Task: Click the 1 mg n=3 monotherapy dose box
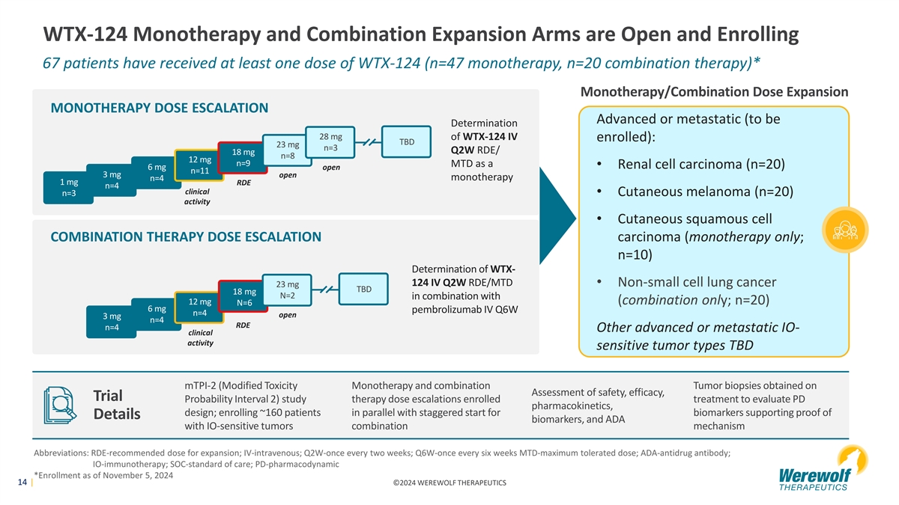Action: point(67,188)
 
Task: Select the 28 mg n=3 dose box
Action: point(330,142)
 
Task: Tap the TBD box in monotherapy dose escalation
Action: point(407,141)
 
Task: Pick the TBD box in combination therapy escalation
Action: point(364,289)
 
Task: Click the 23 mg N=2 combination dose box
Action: point(288,290)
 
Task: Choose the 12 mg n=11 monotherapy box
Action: point(199,165)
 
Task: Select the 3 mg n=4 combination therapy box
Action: point(112,322)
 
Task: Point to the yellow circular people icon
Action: point(845,228)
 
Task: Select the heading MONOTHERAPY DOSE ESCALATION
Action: point(159,108)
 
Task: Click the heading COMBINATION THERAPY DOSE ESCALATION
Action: point(186,237)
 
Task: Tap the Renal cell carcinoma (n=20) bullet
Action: point(704,165)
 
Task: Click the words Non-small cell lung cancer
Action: point(696,282)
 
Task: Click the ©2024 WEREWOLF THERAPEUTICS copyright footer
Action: point(449,483)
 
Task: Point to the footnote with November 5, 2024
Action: point(104,477)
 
